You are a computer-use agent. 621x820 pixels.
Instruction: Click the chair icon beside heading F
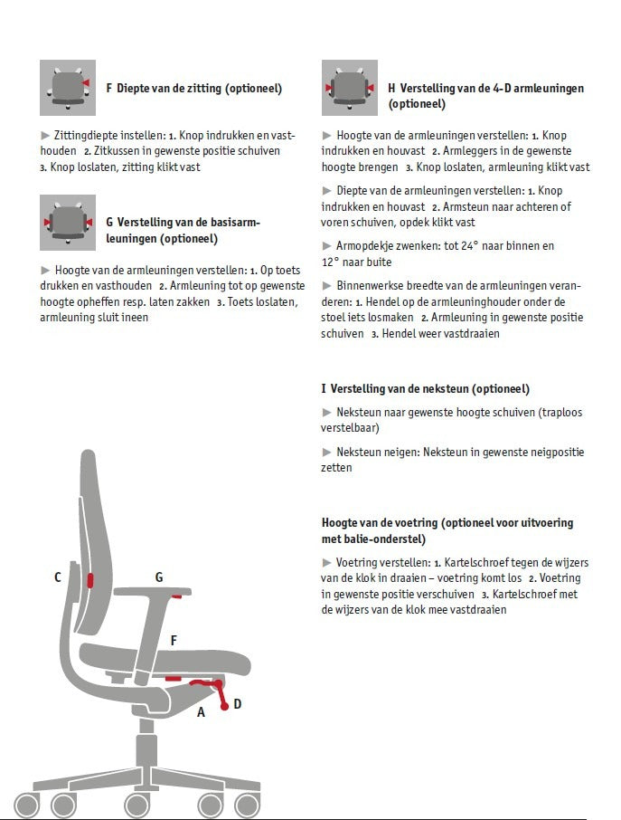click(68, 88)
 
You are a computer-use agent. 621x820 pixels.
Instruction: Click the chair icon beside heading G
click(68, 223)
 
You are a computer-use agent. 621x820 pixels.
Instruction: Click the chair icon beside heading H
click(350, 88)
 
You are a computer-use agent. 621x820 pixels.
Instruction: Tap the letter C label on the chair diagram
click(58, 577)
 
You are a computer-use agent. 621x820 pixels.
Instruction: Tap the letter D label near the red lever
click(238, 704)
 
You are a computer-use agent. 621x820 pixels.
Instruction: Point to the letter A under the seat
click(201, 711)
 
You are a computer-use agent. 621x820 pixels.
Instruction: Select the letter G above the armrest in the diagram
click(159, 577)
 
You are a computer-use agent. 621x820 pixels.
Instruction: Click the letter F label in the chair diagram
click(174, 640)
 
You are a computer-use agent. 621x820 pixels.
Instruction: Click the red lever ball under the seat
click(224, 707)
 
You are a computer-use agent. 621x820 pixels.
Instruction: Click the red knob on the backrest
click(90, 580)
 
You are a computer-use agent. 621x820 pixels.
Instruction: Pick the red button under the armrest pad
click(176, 596)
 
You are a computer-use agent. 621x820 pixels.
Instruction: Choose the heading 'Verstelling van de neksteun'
click(400, 388)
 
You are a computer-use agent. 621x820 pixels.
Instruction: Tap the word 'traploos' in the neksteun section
click(562, 413)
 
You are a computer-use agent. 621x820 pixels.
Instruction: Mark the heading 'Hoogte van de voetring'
click(380, 523)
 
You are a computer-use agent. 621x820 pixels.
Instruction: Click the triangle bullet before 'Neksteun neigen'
click(327, 452)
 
